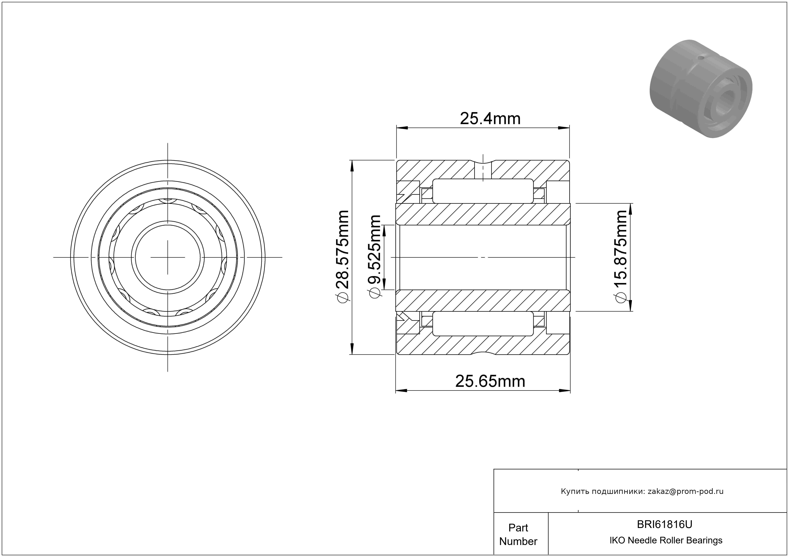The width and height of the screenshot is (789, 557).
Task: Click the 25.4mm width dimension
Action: [490, 119]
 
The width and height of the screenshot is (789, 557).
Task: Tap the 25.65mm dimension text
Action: [490, 381]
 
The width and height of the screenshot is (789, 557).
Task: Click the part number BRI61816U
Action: [665, 524]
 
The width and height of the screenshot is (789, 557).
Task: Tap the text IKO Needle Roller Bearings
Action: [666, 540]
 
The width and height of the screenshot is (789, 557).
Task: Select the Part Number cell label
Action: [518, 534]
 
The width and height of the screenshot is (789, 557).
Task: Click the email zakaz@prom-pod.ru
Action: [686, 491]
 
